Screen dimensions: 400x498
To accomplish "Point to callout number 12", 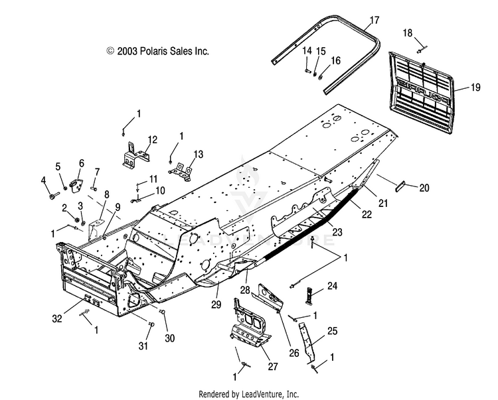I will click(x=152, y=139).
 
